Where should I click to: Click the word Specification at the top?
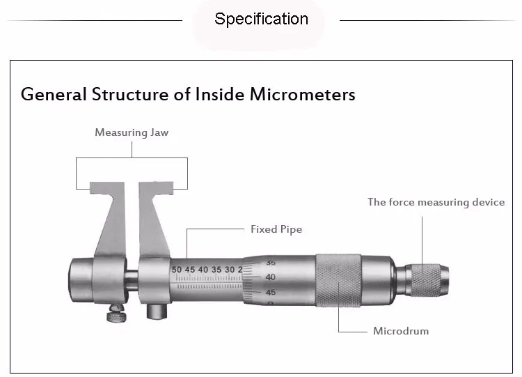(261, 19)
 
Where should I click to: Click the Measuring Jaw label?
(132, 132)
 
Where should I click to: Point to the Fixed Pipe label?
(276, 229)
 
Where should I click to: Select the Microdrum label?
(401, 330)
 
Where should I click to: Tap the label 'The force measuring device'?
(436, 202)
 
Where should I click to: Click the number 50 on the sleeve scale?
(177, 269)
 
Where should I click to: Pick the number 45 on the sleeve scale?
(190, 269)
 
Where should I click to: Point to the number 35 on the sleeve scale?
(216, 269)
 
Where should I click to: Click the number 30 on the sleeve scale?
(229, 269)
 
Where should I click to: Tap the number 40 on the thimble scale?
(271, 277)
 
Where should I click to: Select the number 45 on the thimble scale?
(271, 293)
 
